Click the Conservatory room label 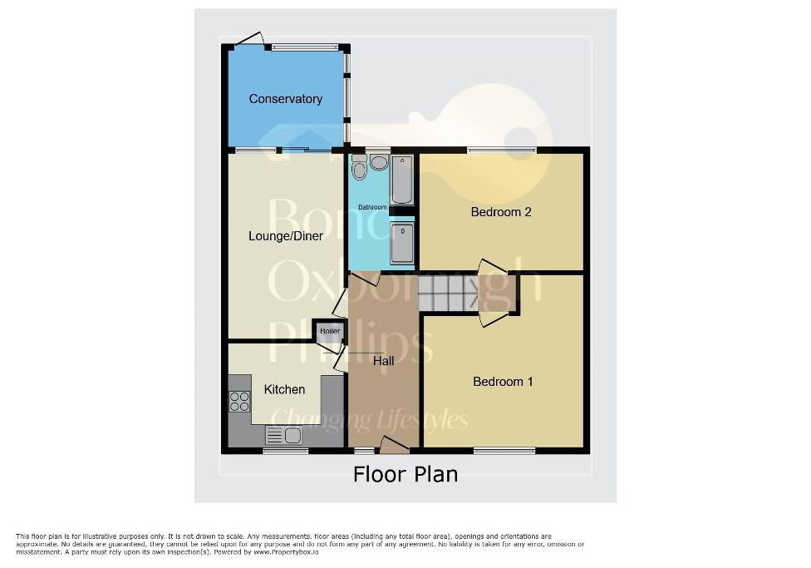click(x=285, y=99)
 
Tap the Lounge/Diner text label click(x=286, y=236)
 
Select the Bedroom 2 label click(x=501, y=212)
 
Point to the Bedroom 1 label click(x=503, y=382)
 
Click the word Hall click(x=384, y=361)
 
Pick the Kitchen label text click(x=284, y=389)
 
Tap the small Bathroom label click(x=372, y=207)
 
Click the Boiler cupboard click(x=330, y=332)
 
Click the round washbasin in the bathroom click(x=379, y=163)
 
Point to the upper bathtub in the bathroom click(x=402, y=179)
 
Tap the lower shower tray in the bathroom click(x=402, y=243)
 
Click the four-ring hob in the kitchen click(x=239, y=402)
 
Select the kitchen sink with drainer click(x=283, y=435)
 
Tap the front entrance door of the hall click(x=394, y=447)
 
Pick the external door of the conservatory click(x=248, y=38)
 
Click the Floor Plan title click(x=405, y=474)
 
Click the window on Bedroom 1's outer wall click(x=504, y=451)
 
